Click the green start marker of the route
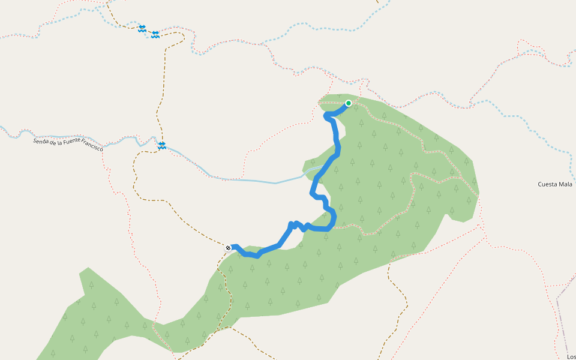pyautogui.click(x=348, y=103)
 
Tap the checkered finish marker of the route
pyautogui.click(x=228, y=247)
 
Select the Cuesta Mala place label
pyautogui.click(x=555, y=184)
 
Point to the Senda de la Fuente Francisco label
pyautogui.click(x=68, y=144)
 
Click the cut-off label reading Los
pyautogui.click(x=571, y=356)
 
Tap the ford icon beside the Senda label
pyautogui.click(x=162, y=145)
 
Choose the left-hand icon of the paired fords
pyautogui.click(x=142, y=28)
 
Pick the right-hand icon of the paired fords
pyautogui.click(x=155, y=34)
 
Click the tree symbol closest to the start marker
pyautogui.click(x=361, y=123)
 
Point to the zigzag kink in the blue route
pyautogui.click(x=298, y=225)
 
